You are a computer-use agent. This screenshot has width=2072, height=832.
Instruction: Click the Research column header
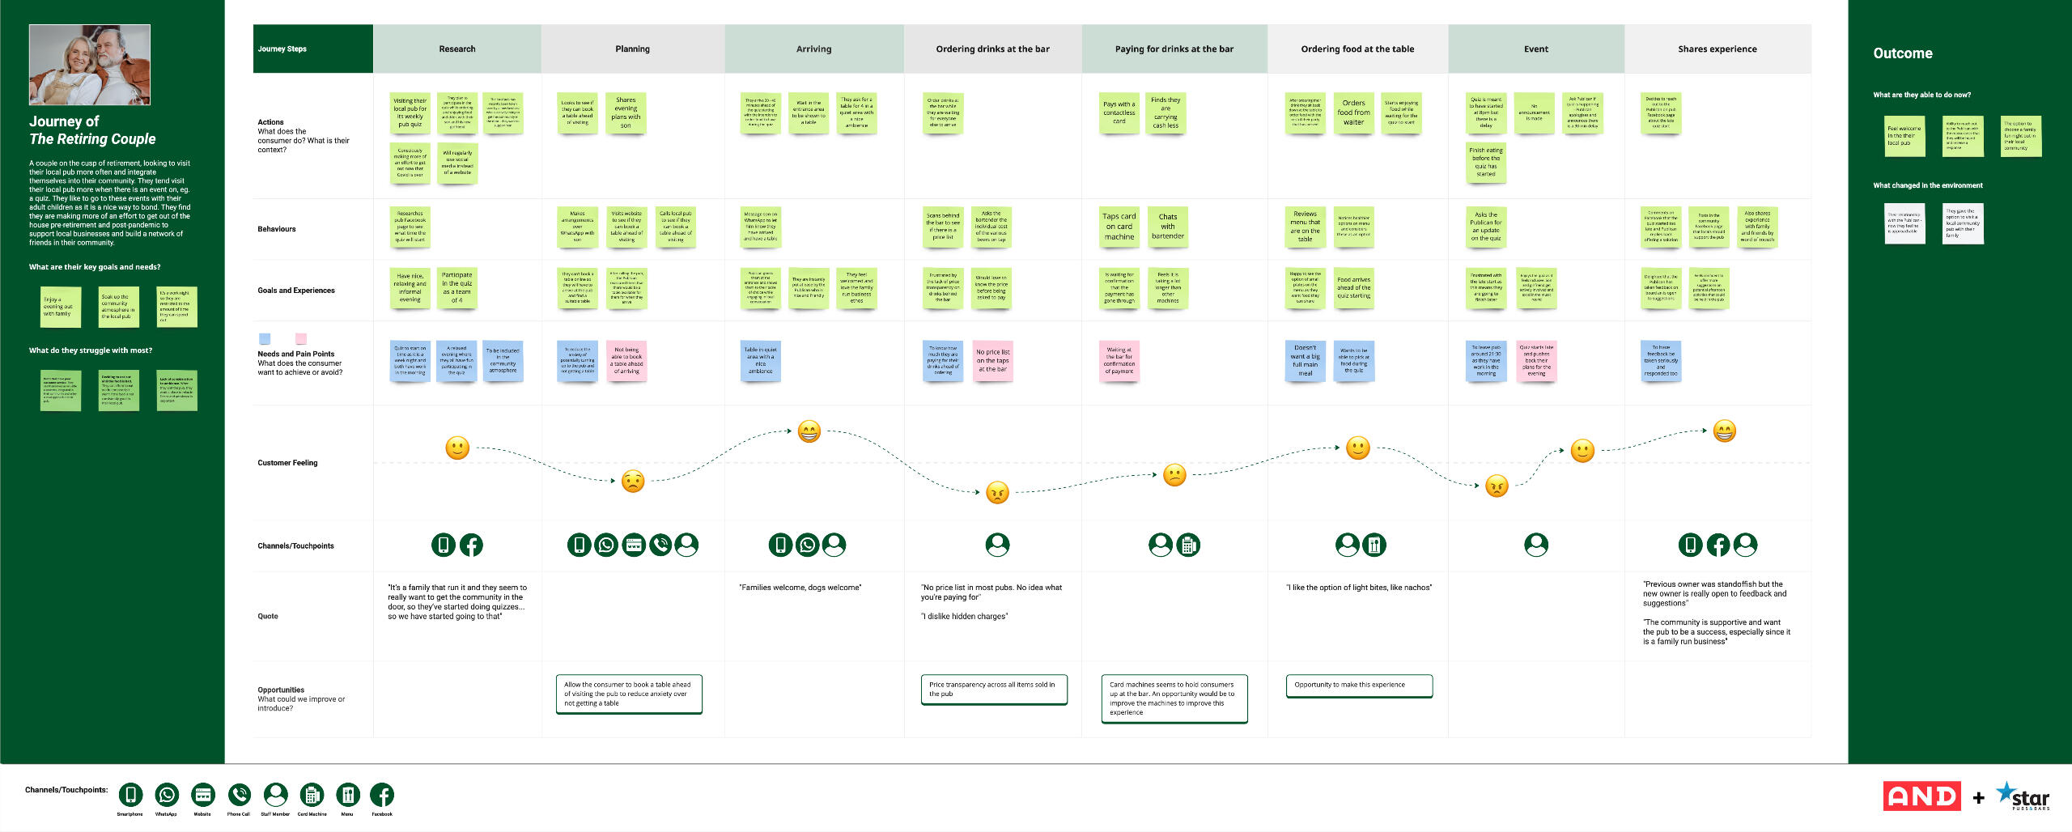tap(456, 49)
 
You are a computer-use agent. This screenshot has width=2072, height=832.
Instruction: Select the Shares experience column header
tap(1717, 49)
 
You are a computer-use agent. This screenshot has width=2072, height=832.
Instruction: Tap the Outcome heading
tap(1902, 53)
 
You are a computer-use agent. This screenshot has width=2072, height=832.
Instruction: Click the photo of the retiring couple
tap(90, 65)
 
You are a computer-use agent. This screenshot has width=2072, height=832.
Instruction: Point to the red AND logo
tap(1921, 796)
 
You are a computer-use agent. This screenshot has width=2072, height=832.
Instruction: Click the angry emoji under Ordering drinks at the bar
tap(997, 492)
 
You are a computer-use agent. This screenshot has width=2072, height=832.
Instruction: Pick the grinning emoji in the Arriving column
tap(809, 431)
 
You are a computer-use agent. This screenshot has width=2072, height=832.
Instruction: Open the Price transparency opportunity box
tap(994, 690)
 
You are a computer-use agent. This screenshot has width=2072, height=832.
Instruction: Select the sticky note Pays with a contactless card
tap(1119, 112)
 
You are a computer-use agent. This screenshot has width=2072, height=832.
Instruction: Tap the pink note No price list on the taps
tap(992, 360)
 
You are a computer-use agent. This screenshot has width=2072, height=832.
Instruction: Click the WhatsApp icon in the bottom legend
tap(167, 795)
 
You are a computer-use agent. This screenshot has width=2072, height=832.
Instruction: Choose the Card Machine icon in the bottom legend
tap(312, 795)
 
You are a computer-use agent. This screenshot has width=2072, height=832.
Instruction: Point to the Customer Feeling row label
tap(287, 463)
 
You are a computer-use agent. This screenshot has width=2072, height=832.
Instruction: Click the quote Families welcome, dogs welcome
tap(800, 588)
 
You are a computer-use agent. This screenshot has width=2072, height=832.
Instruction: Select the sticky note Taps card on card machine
tap(1119, 227)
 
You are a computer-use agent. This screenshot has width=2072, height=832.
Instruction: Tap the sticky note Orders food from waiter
tap(1353, 112)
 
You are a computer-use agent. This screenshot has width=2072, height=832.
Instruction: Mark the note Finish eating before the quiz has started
tap(1485, 162)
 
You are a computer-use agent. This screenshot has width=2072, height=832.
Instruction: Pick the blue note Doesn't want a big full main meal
tap(1305, 361)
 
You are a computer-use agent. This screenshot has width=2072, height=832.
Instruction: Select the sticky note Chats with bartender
tap(1167, 227)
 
